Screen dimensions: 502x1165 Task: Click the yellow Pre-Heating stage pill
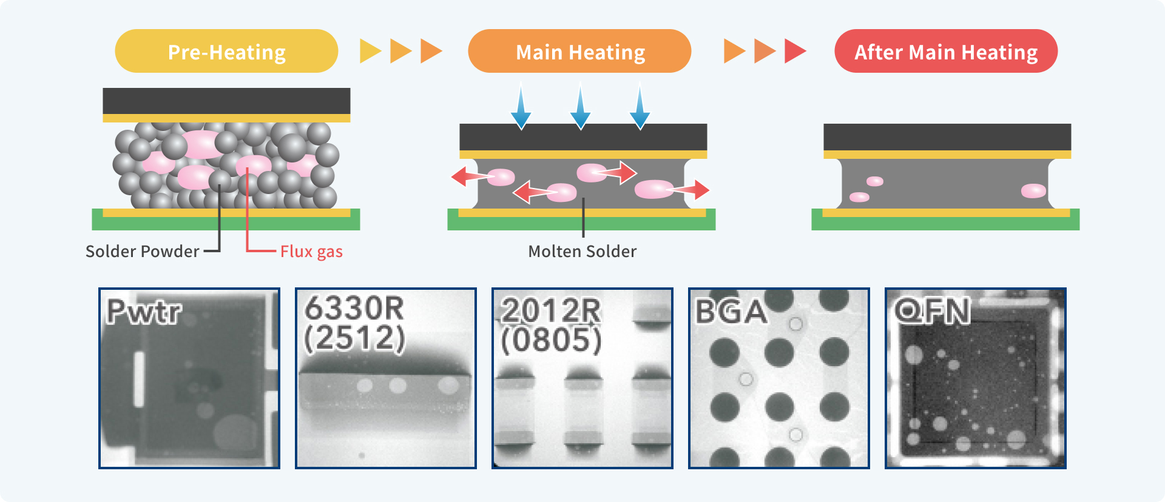point(226,52)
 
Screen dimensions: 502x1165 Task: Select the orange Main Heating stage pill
point(579,52)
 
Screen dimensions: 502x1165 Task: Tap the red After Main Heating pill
point(946,52)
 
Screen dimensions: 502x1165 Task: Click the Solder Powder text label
point(142,251)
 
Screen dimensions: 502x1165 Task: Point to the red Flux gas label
point(311,251)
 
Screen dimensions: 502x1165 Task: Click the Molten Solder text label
point(582,251)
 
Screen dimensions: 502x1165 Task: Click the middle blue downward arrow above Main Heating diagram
point(581,108)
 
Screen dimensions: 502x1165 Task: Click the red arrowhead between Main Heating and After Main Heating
point(795,51)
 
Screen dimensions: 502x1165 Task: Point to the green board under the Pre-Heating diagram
point(226,223)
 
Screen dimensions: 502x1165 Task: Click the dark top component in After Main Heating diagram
point(947,137)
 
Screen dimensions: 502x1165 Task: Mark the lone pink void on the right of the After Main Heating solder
point(1033,191)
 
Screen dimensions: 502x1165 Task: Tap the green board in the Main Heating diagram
point(581,223)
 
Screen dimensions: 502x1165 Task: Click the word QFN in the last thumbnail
point(933,311)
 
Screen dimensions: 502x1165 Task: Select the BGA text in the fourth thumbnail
point(731,312)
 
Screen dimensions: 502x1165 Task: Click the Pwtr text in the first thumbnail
point(144,312)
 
